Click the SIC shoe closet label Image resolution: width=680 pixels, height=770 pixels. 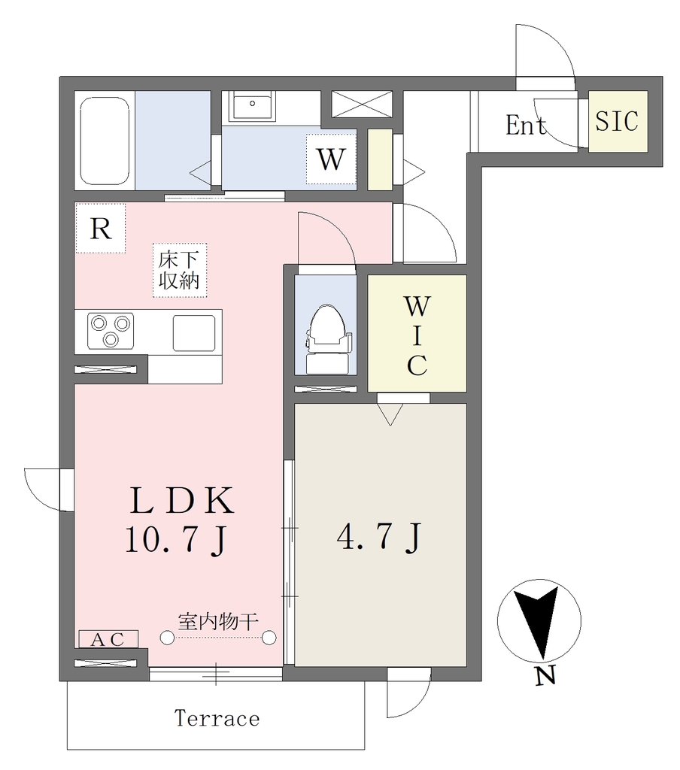(617, 121)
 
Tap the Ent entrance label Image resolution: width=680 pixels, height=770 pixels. (526, 125)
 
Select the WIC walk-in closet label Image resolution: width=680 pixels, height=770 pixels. (417, 335)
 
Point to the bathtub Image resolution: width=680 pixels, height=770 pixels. (104, 141)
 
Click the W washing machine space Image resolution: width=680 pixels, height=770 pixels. (331, 159)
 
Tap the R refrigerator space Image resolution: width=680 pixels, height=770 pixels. (101, 229)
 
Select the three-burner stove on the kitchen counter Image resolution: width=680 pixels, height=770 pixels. (111, 331)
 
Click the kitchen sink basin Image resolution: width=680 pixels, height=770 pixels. (193, 333)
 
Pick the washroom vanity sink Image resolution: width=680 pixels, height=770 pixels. (252, 106)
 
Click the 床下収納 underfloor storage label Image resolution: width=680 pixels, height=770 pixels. (179, 270)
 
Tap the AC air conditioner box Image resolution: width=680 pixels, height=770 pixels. (108, 639)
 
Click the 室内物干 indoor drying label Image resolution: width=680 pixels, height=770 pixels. (218, 622)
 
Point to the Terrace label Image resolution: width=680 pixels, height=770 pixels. (217, 718)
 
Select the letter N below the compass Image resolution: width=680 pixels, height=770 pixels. (545, 677)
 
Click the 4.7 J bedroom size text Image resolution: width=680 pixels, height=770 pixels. (379, 537)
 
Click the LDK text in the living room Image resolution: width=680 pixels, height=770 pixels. (182, 500)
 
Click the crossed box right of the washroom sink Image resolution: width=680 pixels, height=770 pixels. (362, 104)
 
